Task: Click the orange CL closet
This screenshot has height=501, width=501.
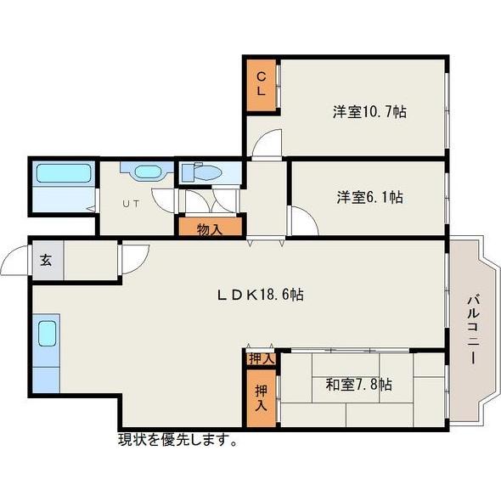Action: coord(261,85)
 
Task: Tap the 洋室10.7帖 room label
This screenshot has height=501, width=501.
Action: coord(369,112)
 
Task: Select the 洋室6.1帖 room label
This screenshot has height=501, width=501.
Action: coord(369,197)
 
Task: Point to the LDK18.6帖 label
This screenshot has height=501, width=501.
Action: coord(261,295)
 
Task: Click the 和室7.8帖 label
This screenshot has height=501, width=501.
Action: coord(358,384)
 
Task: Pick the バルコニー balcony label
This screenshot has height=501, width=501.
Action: coord(474,329)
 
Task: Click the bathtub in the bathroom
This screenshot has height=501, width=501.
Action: coord(64,173)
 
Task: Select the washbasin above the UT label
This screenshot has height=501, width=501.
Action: coord(148,172)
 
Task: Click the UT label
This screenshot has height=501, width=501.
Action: coord(131,204)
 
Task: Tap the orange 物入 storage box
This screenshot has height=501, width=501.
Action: coord(210,227)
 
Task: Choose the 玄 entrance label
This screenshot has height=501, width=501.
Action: coord(46,261)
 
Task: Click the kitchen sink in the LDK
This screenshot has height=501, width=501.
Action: coord(47,333)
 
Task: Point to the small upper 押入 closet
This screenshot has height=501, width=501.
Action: coord(261,358)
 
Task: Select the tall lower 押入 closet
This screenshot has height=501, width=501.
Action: coord(261,398)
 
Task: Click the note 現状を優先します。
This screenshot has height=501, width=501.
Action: coord(177,441)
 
